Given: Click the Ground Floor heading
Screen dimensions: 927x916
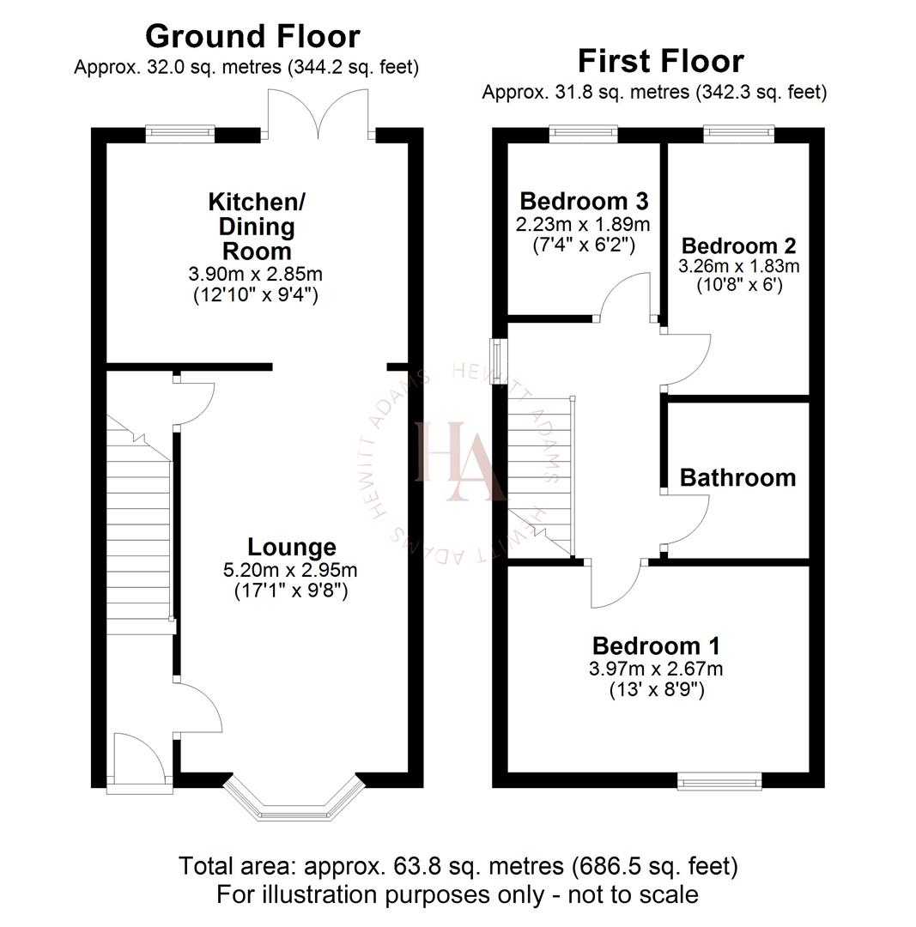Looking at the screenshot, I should (252, 36).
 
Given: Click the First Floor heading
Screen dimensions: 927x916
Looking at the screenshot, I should (660, 61).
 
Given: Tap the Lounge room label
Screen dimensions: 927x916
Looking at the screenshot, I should (292, 547).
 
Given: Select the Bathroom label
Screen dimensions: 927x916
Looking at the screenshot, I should (737, 477).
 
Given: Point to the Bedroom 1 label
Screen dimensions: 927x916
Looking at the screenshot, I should (656, 645).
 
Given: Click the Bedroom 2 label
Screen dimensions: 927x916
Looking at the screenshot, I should (738, 243).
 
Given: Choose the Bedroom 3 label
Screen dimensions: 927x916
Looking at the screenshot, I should (584, 202).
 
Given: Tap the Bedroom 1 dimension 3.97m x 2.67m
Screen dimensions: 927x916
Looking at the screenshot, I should (657, 668).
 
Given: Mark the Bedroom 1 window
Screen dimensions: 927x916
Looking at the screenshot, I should (719, 780).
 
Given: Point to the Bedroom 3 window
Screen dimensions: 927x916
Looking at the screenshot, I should (583, 132).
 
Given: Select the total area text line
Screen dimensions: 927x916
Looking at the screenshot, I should (458, 866).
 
